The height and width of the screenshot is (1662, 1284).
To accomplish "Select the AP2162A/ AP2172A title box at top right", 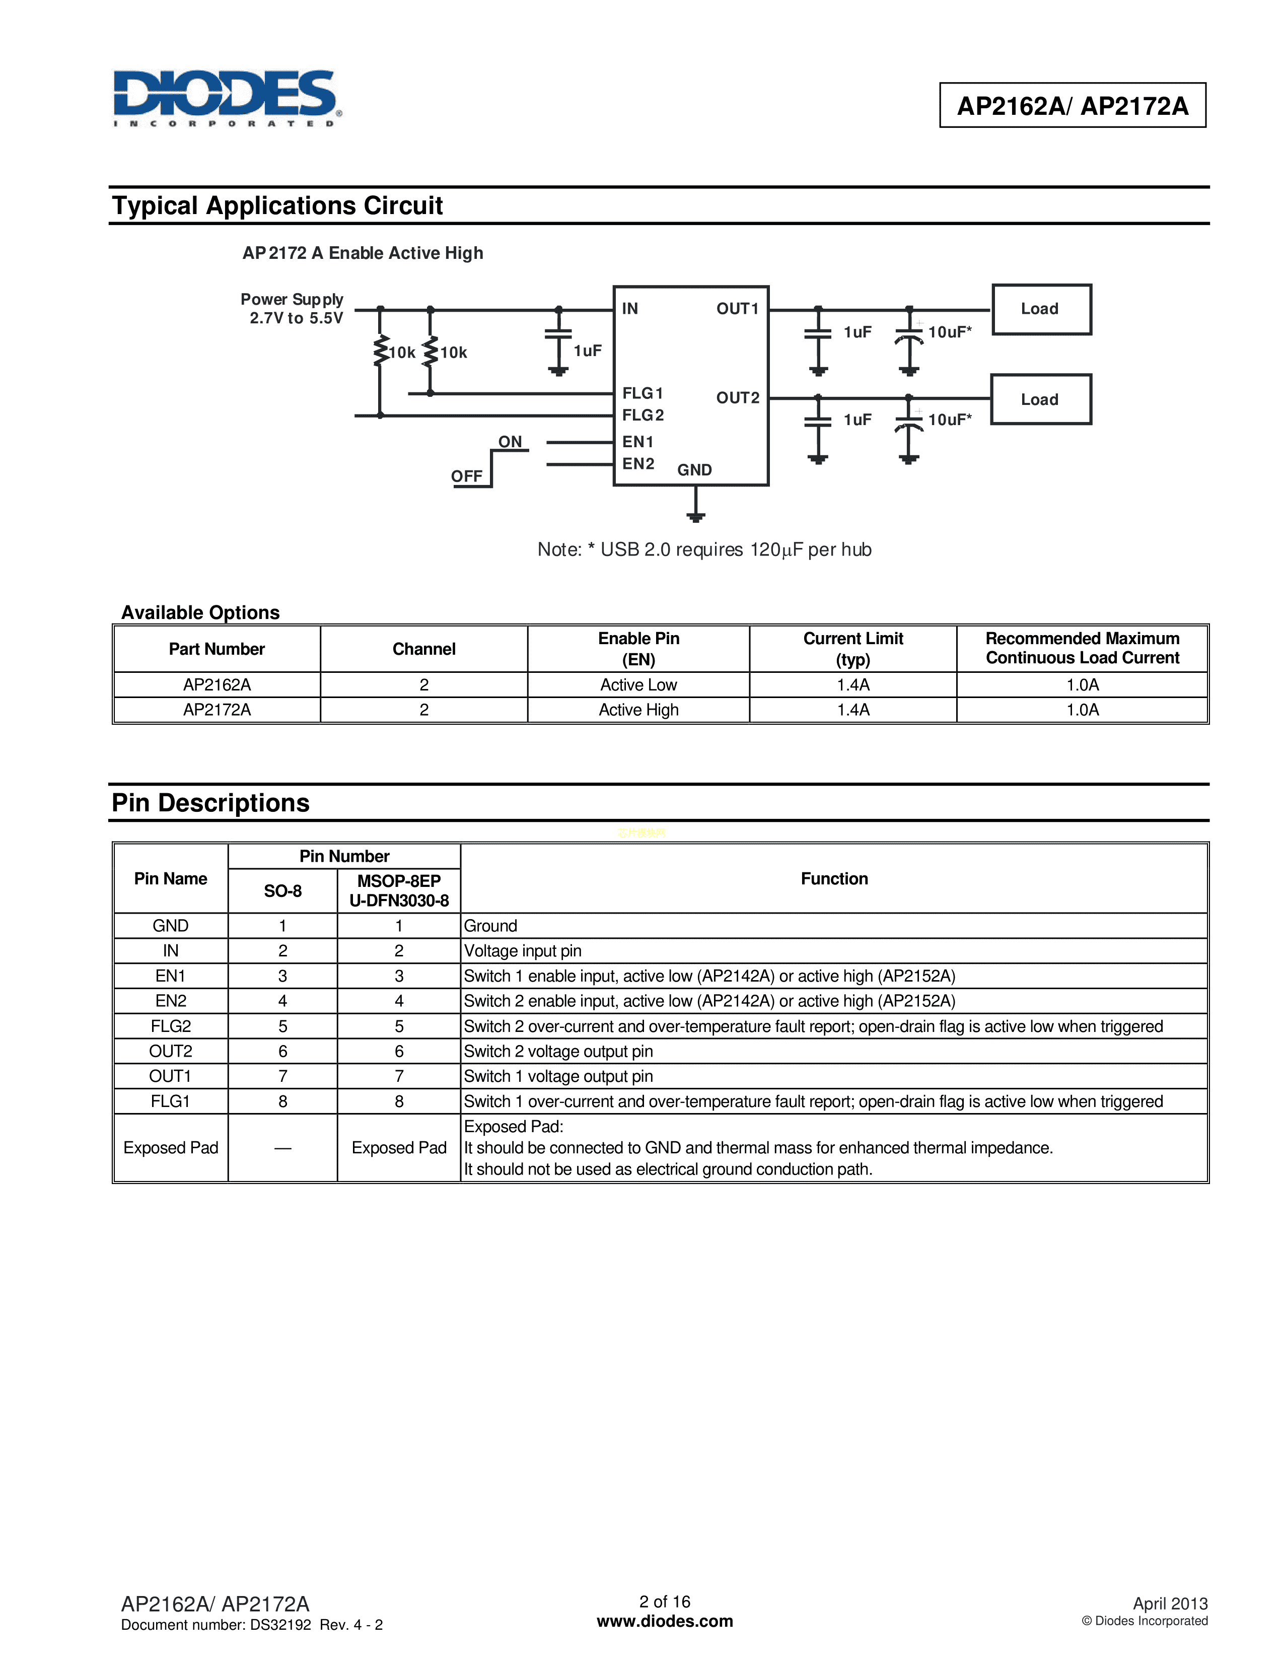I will click(1072, 105).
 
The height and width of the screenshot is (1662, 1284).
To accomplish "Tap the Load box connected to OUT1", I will click(1041, 309).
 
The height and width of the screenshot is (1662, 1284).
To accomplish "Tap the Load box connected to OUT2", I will click(1041, 399).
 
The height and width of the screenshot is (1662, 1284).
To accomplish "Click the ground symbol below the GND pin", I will click(695, 516).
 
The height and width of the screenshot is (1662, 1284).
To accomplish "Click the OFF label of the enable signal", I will click(466, 476).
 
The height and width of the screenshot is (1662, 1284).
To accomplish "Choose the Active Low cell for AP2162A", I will click(638, 685).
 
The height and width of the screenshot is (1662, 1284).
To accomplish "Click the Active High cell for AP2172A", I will click(638, 710).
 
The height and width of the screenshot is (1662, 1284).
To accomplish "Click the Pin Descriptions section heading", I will click(210, 803).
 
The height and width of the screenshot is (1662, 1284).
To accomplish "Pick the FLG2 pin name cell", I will click(170, 1026).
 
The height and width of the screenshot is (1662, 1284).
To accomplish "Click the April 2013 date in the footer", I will click(1169, 1604).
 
